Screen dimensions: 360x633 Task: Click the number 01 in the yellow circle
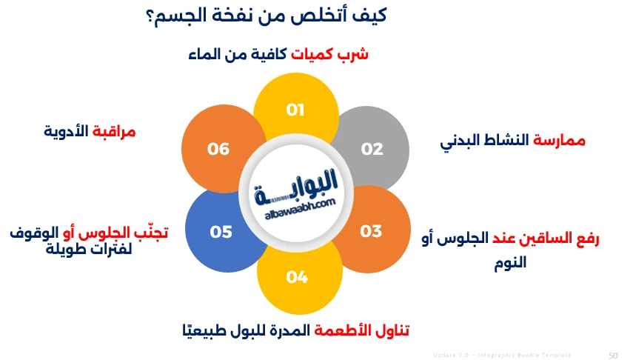click(x=296, y=110)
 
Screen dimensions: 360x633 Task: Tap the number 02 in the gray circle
click(x=372, y=149)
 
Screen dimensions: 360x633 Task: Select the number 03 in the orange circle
click(x=371, y=231)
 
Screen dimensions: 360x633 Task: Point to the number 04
click(x=297, y=277)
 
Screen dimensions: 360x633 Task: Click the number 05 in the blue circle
click(x=221, y=232)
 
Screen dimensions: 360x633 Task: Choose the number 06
click(x=218, y=149)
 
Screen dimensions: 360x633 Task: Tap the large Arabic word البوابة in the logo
click(x=296, y=182)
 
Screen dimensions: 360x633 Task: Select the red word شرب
click(x=353, y=55)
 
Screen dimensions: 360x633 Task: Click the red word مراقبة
click(x=114, y=132)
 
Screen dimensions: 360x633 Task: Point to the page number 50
click(x=613, y=355)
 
